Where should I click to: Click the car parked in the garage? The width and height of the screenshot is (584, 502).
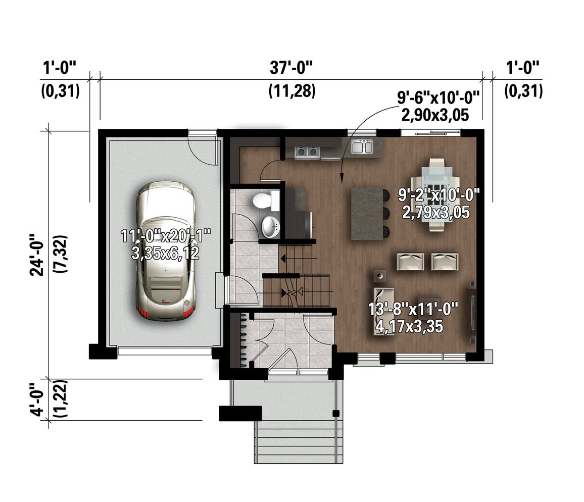pos(166,250)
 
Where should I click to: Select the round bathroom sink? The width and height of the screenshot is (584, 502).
pos(270,227)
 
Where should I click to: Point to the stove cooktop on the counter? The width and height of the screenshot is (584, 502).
pos(307,152)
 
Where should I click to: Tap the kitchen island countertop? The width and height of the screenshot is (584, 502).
pos(367,214)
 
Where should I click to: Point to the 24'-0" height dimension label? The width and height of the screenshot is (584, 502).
pos(37,255)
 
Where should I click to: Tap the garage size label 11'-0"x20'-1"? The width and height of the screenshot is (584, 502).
pos(166,236)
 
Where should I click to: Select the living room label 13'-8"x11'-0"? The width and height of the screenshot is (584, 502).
pos(413,309)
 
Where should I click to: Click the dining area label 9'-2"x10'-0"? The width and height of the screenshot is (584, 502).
pos(439,195)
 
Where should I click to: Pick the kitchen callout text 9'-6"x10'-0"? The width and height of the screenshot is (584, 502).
pos(438,98)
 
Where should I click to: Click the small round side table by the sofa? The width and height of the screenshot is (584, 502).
pos(380,276)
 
